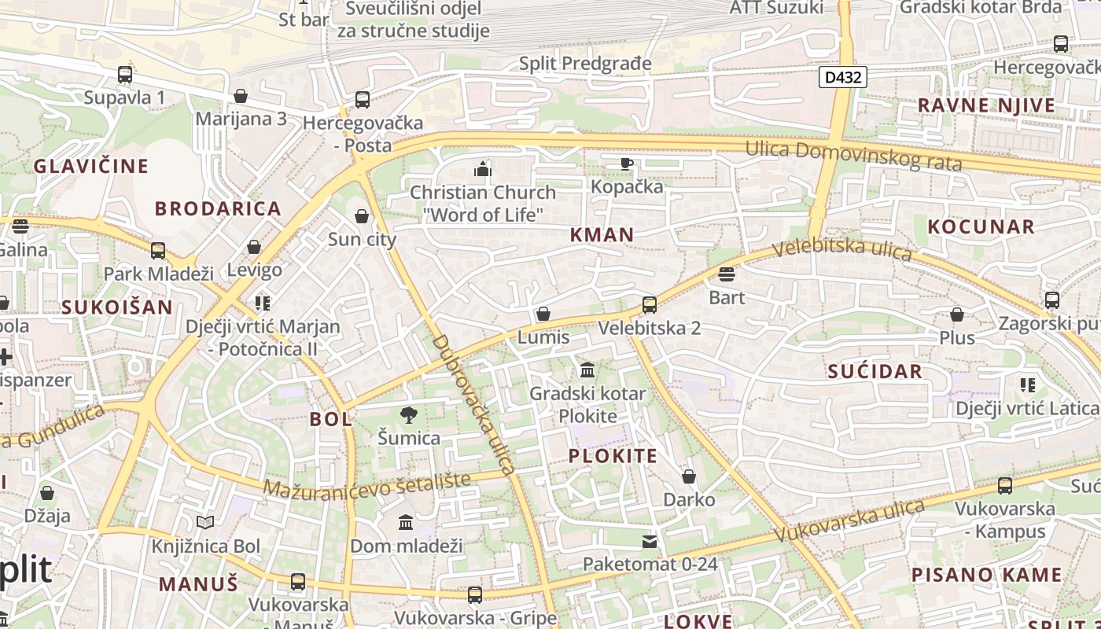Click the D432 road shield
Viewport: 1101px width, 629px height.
[x=843, y=77]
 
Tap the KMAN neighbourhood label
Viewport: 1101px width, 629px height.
[x=602, y=234]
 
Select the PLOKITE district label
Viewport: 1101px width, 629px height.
[x=613, y=456]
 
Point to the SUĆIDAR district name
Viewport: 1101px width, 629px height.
[x=875, y=372]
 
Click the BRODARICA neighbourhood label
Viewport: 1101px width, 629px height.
[x=218, y=208]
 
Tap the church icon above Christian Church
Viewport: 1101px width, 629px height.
[x=482, y=168]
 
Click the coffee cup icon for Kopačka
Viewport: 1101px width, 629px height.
[x=626, y=164]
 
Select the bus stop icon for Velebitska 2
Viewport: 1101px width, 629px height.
[x=649, y=304]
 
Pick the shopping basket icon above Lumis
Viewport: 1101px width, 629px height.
[x=543, y=314]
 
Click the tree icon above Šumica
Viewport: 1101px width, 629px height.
[x=408, y=414]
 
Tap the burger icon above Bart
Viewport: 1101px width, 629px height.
[x=726, y=274]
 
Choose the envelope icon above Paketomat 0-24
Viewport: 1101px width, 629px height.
[x=650, y=541]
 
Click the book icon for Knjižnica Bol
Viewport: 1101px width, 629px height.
[x=205, y=522]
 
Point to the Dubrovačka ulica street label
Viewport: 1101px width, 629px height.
[x=473, y=405]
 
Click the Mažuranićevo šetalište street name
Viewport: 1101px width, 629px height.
[x=366, y=484]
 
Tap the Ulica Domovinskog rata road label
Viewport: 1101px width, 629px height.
[x=853, y=155]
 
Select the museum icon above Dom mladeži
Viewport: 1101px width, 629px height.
[x=406, y=522]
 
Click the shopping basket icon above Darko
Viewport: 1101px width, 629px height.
[x=689, y=476]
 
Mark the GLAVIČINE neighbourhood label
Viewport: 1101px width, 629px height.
[x=90, y=166]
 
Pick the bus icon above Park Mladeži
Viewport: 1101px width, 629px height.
[x=158, y=250]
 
